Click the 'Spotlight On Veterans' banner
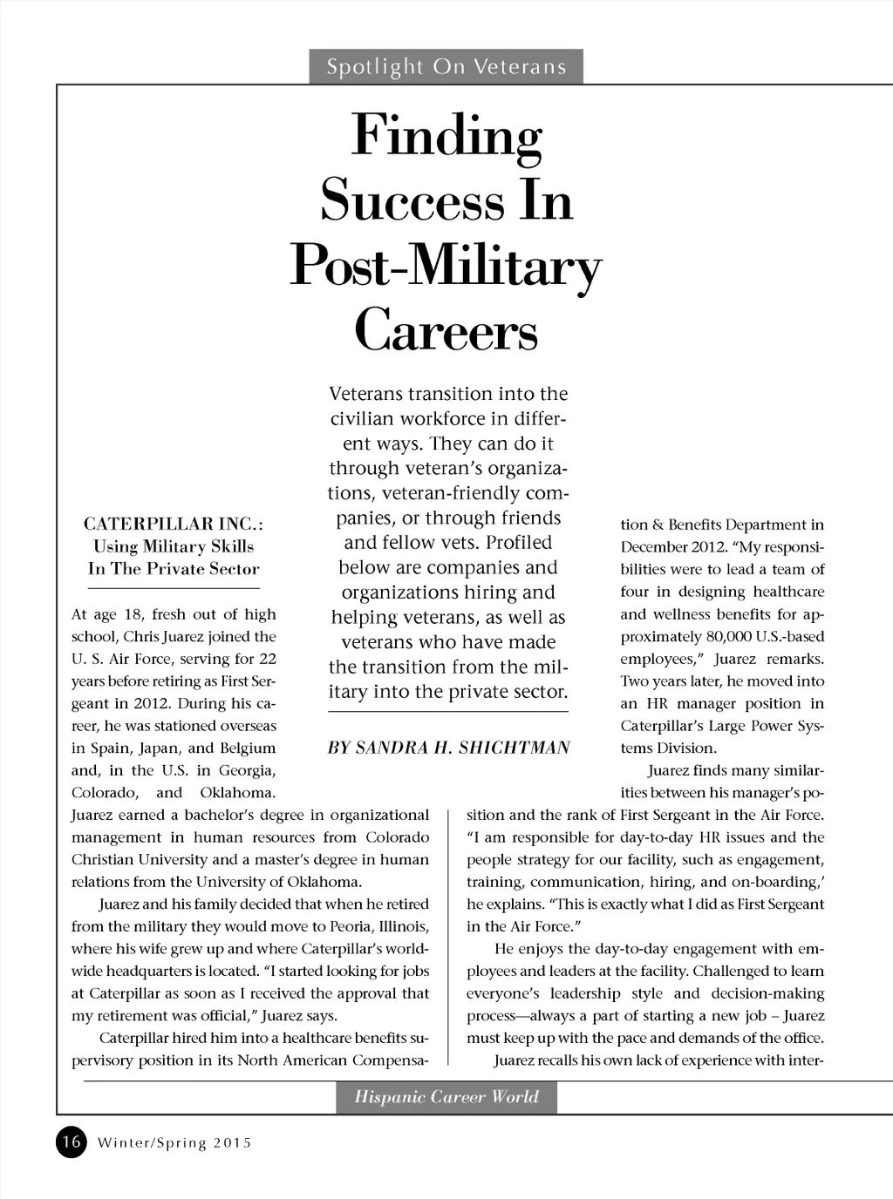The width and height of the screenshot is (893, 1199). (446, 67)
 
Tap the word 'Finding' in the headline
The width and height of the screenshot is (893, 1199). (446, 137)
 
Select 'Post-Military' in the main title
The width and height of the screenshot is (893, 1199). (446, 267)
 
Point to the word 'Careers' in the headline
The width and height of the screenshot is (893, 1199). (446, 331)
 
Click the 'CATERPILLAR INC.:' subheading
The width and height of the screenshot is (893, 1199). (174, 524)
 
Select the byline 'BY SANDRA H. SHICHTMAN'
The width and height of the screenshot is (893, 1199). (448, 748)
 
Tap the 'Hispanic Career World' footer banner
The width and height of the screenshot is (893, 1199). (446, 1097)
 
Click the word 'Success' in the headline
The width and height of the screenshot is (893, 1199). (412, 201)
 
